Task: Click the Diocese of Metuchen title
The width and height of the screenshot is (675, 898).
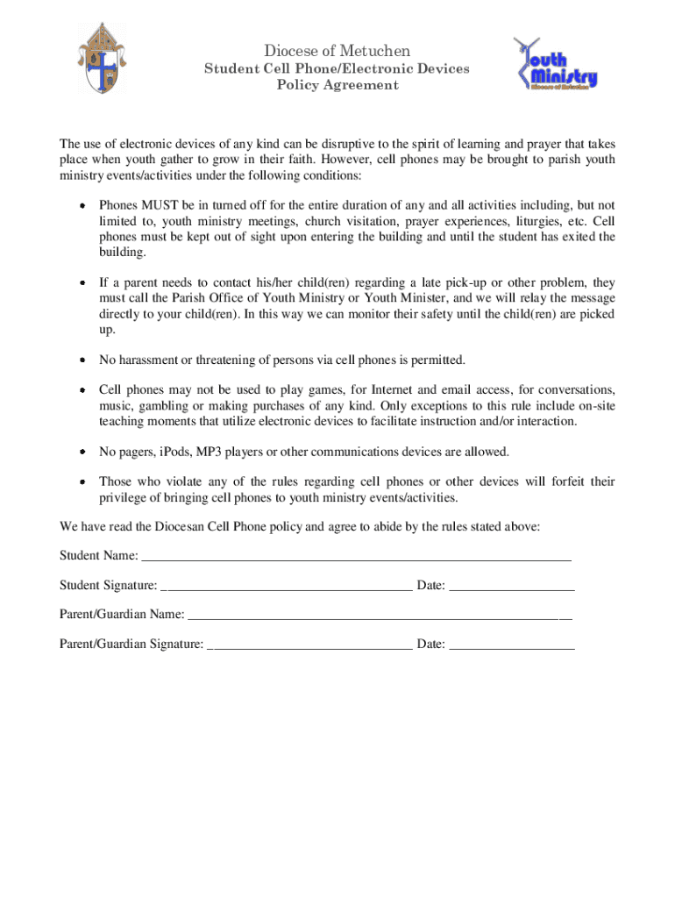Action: (337, 51)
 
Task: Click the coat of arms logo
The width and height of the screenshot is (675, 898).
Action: (103, 60)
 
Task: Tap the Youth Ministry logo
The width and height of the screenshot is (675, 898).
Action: (556, 64)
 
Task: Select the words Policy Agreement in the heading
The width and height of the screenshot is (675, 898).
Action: (337, 85)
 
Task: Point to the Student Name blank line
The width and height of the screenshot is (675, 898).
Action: (356, 556)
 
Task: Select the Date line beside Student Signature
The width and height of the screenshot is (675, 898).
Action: (511, 585)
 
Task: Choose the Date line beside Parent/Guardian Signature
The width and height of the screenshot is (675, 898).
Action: (511, 645)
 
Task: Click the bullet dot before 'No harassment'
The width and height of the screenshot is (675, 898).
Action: (82, 360)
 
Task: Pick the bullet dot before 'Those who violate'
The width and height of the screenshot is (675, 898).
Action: (82, 482)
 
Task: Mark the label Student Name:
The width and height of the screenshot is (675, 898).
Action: (98, 556)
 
